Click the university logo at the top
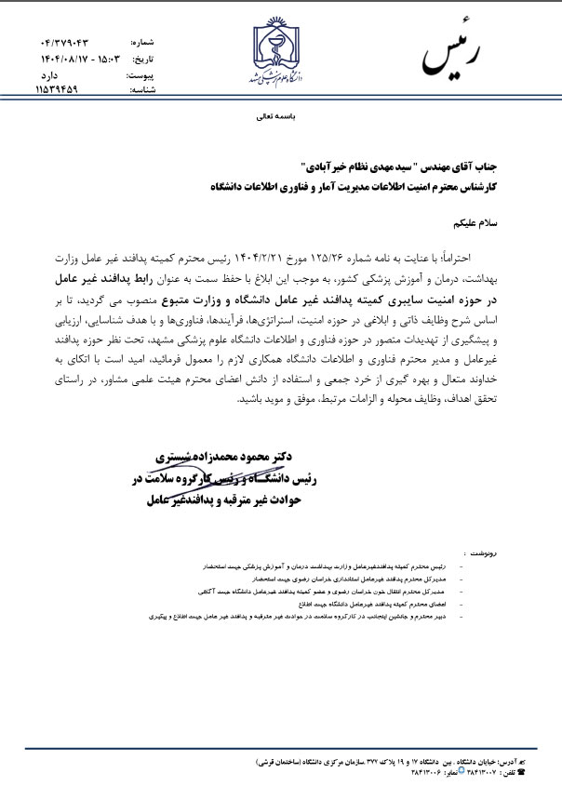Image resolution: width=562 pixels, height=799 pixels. click(280, 51)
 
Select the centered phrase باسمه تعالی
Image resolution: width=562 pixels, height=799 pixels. click(280, 119)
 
